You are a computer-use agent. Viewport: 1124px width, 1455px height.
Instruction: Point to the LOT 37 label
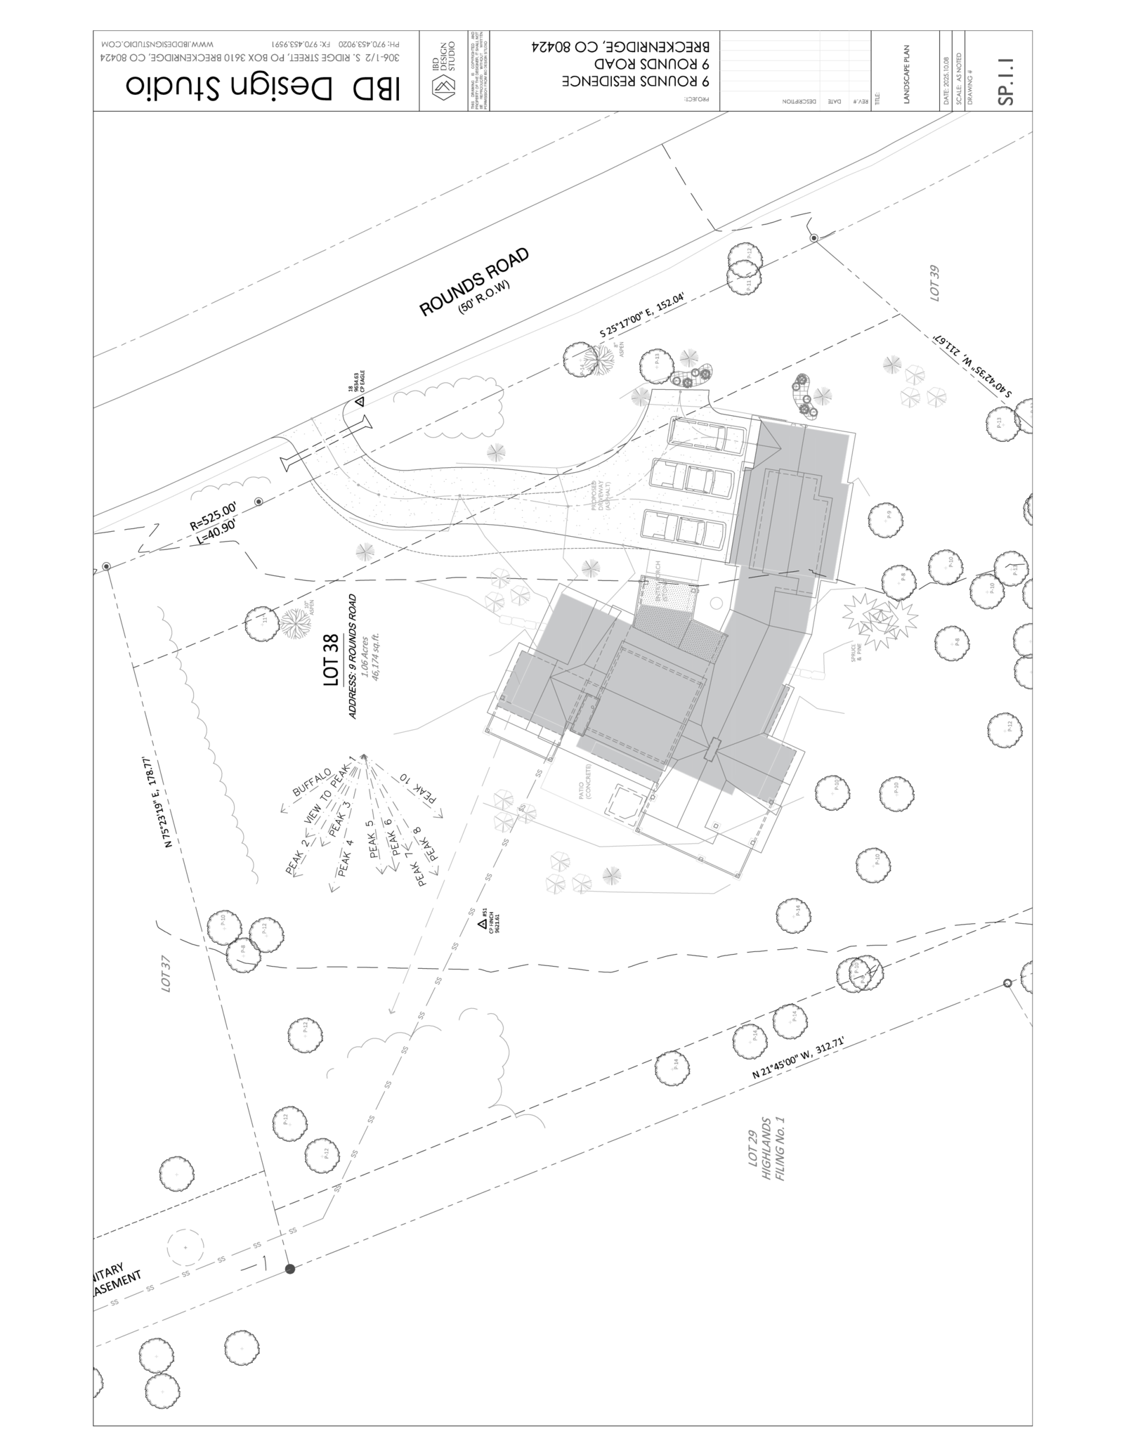click(x=166, y=991)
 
